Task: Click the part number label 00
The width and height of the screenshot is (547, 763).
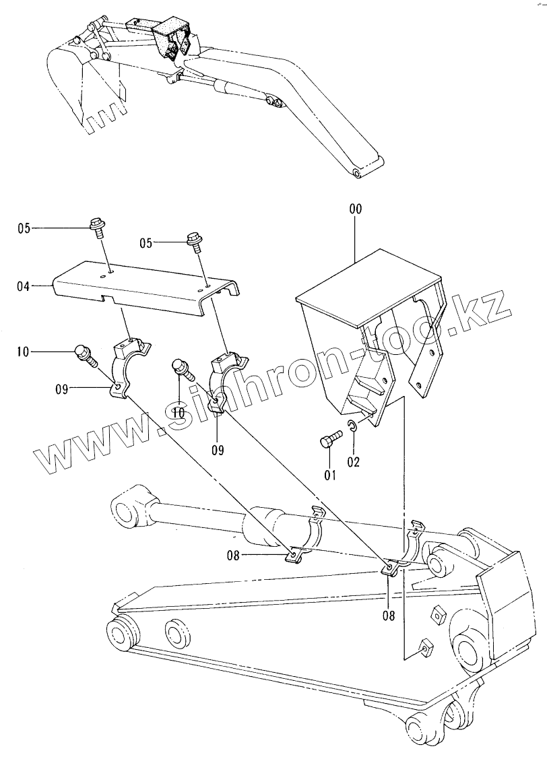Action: [355, 209]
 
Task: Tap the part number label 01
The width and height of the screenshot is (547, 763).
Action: [330, 475]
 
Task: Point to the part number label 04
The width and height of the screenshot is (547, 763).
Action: [24, 286]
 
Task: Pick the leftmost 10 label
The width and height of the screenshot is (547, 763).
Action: [24, 351]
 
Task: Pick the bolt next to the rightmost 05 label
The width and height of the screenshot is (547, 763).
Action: [195, 241]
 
